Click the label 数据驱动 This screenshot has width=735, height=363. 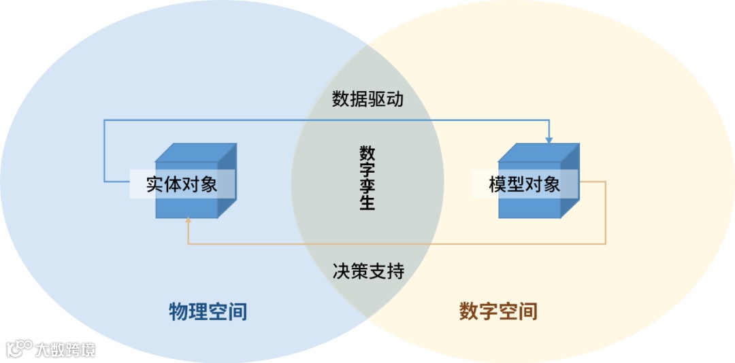(x=367, y=99)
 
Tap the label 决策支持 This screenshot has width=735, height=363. (x=368, y=272)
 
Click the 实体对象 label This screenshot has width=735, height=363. (x=182, y=184)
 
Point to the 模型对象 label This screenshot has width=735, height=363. (x=524, y=184)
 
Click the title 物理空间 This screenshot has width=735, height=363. (x=208, y=311)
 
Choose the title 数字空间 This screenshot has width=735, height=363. (x=499, y=311)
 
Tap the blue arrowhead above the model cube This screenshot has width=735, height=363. (x=549, y=139)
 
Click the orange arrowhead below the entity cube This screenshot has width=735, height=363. (x=189, y=220)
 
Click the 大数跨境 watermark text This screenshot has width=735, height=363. (x=65, y=349)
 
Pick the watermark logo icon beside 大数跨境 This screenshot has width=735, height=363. (x=19, y=348)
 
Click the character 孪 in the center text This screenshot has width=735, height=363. (x=367, y=185)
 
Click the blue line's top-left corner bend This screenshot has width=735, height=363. (x=104, y=121)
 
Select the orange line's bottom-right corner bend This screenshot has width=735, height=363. (x=605, y=243)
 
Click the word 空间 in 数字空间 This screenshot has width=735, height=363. (x=519, y=311)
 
